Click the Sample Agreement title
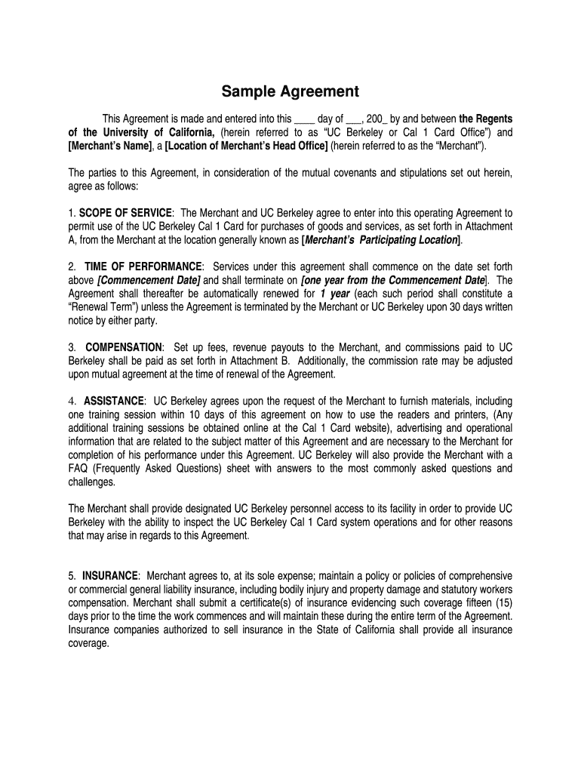[x=290, y=92]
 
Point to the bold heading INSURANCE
[x=110, y=575]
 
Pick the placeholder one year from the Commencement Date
[x=392, y=280]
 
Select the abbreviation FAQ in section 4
[x=79, y=469]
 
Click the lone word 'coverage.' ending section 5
[x=89, y=644]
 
